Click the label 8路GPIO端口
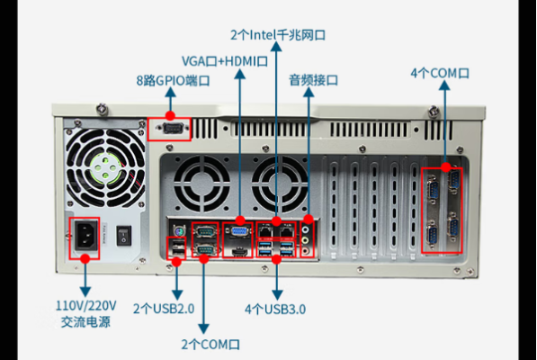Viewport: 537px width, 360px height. [x=173, y=80]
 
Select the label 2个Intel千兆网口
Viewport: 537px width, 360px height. [x=277, y=34]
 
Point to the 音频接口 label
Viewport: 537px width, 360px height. [x=313, y=80]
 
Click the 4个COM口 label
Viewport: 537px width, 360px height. [x=441, y=71]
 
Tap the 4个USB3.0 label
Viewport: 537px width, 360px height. [x=275, y=309]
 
